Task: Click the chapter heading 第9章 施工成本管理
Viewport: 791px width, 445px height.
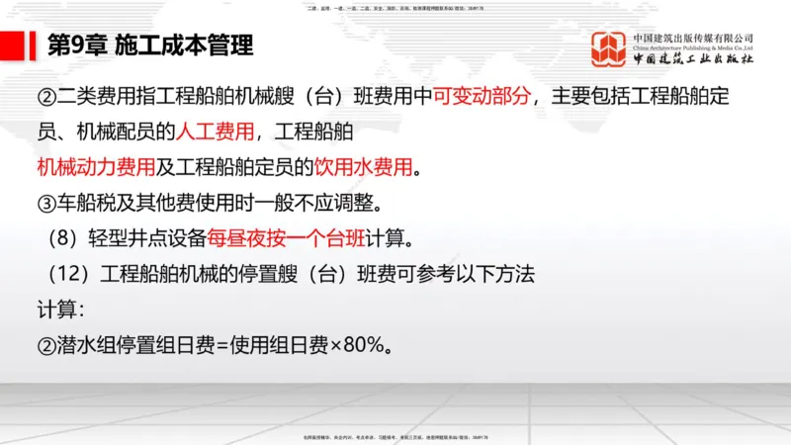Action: (x=149, y=45)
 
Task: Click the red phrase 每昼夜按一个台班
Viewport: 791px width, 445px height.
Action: (x=295, y=237)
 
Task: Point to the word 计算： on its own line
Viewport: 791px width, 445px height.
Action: (x=61, y=309)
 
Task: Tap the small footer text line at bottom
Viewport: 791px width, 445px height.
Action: (x=395, y=436)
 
